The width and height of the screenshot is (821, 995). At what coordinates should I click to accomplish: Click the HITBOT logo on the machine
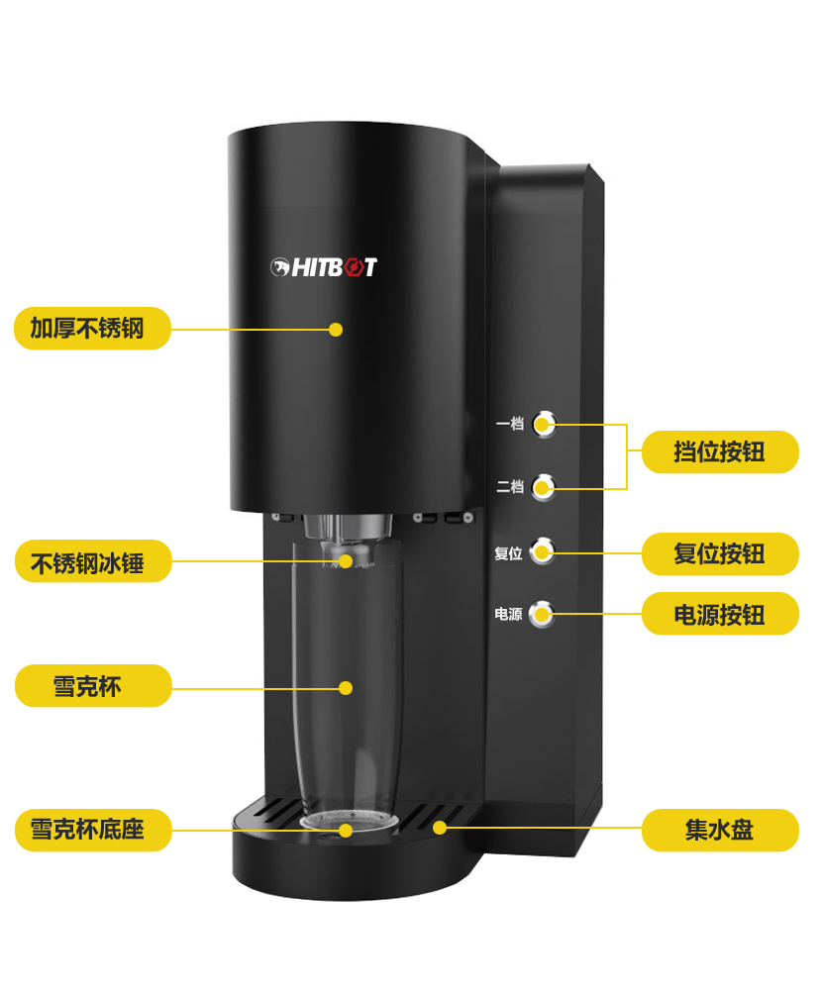tap(324, 267)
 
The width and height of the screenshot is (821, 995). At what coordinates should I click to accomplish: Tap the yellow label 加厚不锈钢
tap(93, 328)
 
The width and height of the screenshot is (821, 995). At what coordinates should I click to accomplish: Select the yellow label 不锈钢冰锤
tap(93, 561)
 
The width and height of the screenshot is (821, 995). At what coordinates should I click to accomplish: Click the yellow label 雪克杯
tap(93, 686)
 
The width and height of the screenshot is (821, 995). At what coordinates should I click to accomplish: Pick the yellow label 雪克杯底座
tap(93, 830)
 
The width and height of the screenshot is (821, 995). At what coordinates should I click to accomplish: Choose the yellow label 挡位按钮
tap(720, 451)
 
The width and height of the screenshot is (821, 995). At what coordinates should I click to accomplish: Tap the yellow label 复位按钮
tap(720, 554)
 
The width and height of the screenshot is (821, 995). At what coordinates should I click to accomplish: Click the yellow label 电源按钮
tap(720, 614)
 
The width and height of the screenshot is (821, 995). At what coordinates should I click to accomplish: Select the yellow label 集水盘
tap(720, 830)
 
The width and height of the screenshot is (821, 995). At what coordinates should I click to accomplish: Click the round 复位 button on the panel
tap(543, 550)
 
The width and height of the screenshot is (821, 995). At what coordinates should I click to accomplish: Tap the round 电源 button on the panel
tap(542, 613)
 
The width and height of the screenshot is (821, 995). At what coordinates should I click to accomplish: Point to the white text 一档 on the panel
tap(510, 424)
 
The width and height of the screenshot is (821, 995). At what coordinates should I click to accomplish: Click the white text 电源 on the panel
tap(509, 614)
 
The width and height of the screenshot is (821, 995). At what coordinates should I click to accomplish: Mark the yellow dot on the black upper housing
tap(336, 330)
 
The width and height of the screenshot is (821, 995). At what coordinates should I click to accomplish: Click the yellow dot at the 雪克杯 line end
tap(346, 688)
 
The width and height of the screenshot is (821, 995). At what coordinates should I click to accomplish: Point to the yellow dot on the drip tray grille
tap(440, 828)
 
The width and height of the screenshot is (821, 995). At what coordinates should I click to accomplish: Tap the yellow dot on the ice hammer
tap(346, 561)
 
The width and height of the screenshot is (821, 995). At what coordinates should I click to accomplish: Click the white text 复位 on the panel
tap(509, 554)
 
